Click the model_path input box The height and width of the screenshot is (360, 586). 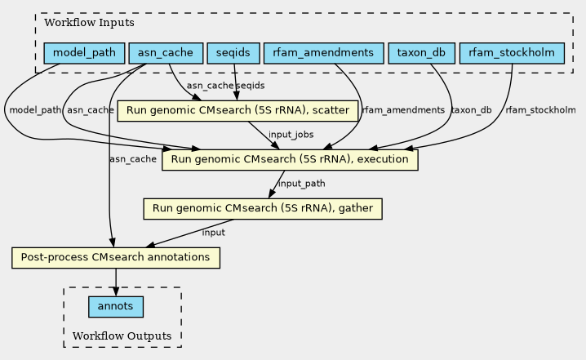pos(84,53)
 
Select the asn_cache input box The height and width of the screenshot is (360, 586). pos(166,53)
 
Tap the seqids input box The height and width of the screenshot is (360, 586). pos(233,53)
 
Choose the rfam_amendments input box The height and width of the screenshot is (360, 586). pos(323,53)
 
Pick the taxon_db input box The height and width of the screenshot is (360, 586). pos(421,53)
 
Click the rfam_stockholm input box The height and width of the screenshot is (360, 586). pos(512,53)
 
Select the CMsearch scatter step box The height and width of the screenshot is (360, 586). pos(238,111)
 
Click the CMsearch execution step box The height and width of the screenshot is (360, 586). pos(290,160)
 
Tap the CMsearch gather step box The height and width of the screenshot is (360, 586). pos(263,209)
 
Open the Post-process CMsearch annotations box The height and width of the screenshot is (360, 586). pos(116,258)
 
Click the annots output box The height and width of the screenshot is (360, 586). pos(115,307)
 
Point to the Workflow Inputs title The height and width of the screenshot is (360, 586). pos(89,22)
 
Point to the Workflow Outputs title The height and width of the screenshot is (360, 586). pos(122,336)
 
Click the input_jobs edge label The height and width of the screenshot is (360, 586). pos(291,135)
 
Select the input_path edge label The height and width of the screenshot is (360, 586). pos(302,184)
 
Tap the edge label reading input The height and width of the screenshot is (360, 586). pos(213,233)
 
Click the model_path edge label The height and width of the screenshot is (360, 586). pos(35,110)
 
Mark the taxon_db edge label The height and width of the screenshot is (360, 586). pos(471,110)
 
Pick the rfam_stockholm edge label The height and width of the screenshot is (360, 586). pos(540,110)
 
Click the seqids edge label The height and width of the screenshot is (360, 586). pos(251,86)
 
